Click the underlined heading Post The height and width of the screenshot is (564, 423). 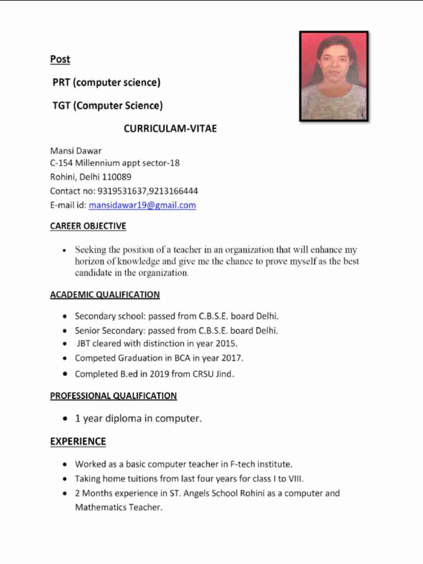click(x=60, y=59)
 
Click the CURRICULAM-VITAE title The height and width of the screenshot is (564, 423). click(x=170, y=129)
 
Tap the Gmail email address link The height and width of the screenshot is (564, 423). click(x=142, y=205)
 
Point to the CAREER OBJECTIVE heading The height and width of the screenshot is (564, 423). click(x=88, y=226)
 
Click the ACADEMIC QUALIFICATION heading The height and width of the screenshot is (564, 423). click(x=105, y=295)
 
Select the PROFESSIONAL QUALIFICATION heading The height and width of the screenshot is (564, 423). click(x=113, y=396)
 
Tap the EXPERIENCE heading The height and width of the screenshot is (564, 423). click(x=78, y=442)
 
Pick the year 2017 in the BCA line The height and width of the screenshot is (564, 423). click(x=232, y=358)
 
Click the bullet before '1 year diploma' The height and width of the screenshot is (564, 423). click(x=66, y=419)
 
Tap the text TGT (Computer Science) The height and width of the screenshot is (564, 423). click(x=107, y=106)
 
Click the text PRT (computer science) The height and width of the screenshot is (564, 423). click(x=106, y=83)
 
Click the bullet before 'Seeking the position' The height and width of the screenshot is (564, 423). click(x=65, y=251)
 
